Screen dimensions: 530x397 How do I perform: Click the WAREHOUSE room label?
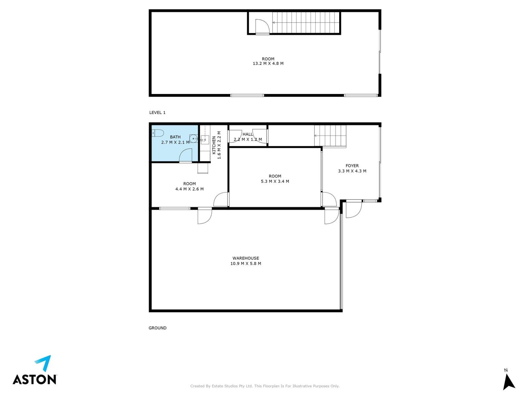245,258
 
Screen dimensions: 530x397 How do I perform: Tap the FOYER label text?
352,166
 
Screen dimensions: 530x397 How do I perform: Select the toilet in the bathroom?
158,133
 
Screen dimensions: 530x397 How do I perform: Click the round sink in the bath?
193,139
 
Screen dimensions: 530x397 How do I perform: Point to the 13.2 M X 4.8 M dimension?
268,64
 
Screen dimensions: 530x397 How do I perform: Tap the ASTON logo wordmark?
34,380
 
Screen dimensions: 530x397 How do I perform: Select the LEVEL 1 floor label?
157,112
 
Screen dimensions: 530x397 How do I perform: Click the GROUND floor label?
157,328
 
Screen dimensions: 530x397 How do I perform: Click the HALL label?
248,134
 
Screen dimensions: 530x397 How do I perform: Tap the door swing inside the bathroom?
185,155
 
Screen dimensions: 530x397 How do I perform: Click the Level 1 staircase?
306,22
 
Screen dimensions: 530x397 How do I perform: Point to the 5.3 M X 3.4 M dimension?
275,182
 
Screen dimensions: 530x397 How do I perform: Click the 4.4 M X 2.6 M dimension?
189,189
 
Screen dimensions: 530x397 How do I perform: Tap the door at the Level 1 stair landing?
262,26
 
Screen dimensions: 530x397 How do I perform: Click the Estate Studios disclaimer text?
265,386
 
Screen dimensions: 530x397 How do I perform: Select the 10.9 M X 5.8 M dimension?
245,264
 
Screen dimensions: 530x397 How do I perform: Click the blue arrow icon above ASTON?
43,363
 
